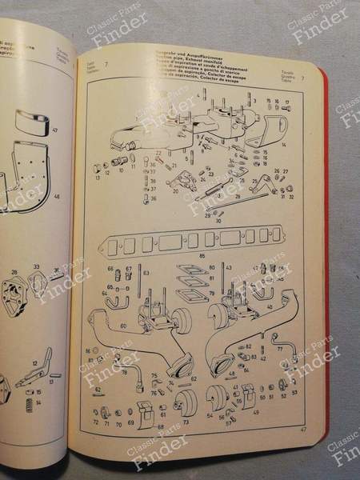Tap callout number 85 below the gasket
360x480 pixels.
pyautogui.click(x=202, y=254)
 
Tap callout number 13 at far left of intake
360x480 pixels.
pyautogui.click(x=98, y=178)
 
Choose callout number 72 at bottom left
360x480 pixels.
pyautogui.click(x=96, y=420)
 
